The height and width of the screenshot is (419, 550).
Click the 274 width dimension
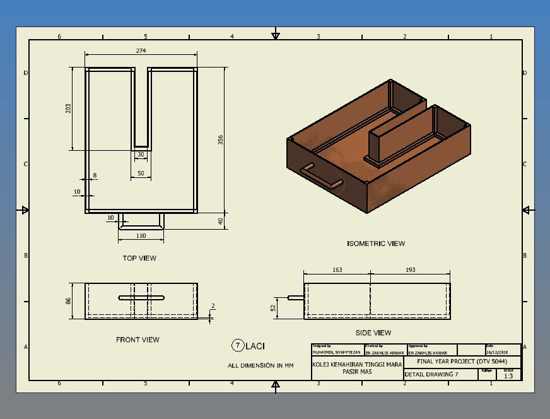[141, 50]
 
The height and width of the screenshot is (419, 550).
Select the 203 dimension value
[69, 109]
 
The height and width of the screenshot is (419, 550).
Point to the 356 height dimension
[220, 139]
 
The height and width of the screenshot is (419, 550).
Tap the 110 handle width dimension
[141, 235]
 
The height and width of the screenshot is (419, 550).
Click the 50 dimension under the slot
[141, 173]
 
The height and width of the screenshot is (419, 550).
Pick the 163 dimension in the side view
[337, 270]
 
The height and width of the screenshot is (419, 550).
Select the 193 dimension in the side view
[410, 270]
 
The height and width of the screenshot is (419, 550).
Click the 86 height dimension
[69, 301]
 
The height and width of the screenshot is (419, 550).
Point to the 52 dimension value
[273, 307]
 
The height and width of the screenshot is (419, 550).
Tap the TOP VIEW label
[139, 258]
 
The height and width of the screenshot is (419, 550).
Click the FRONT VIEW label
[137, 339]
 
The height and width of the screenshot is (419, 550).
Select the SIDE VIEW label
[373, 333]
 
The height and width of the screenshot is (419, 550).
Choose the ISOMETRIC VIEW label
[376, 244]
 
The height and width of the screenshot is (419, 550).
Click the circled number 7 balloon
[238, 345]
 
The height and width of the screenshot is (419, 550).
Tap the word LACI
[255, 346]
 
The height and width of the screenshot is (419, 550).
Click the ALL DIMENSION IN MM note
[260, 365]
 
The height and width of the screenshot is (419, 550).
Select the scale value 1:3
[508, 376]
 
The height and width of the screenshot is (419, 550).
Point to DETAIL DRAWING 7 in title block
[431, 374]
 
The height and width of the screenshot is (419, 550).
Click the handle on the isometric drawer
[322, 176]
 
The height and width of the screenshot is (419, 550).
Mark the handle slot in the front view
[141, 297]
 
